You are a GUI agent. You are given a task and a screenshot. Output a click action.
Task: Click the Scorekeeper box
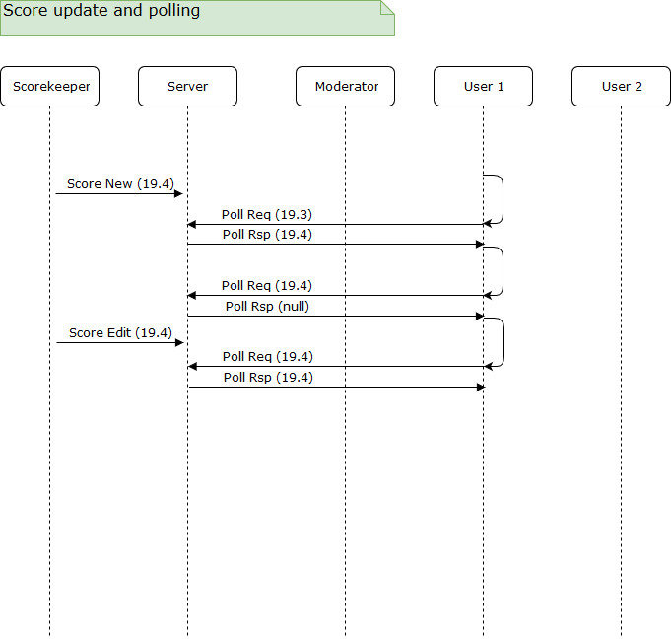coord(50,87)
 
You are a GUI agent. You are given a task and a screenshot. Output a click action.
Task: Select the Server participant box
coord(187,87)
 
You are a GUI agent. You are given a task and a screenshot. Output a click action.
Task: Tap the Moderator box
coord(345,87)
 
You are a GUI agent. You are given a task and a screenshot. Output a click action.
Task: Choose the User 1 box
coord(483,87)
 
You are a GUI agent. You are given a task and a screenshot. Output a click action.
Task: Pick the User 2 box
coord(621,87)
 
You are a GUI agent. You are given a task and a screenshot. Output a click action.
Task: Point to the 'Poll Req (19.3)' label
coord(267,214)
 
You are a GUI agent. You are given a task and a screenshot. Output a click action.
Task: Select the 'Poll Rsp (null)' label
coord(267,306)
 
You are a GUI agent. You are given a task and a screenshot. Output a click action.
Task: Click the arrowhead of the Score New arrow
coord(179,194)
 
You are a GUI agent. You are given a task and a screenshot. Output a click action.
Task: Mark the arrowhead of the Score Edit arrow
coord(179,343)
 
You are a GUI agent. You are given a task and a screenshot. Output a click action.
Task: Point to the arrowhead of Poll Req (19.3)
coord(192,225)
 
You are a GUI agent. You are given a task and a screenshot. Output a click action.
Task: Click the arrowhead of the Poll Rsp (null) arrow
coord(479,316)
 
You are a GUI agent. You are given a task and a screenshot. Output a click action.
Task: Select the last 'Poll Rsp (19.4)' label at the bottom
coord(268,377)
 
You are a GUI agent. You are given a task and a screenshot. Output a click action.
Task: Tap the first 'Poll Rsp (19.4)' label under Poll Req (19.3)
coord(267,235)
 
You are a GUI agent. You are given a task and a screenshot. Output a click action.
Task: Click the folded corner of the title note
coord(387,7)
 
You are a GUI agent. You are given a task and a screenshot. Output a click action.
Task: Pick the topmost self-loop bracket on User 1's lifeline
coord(502,199)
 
